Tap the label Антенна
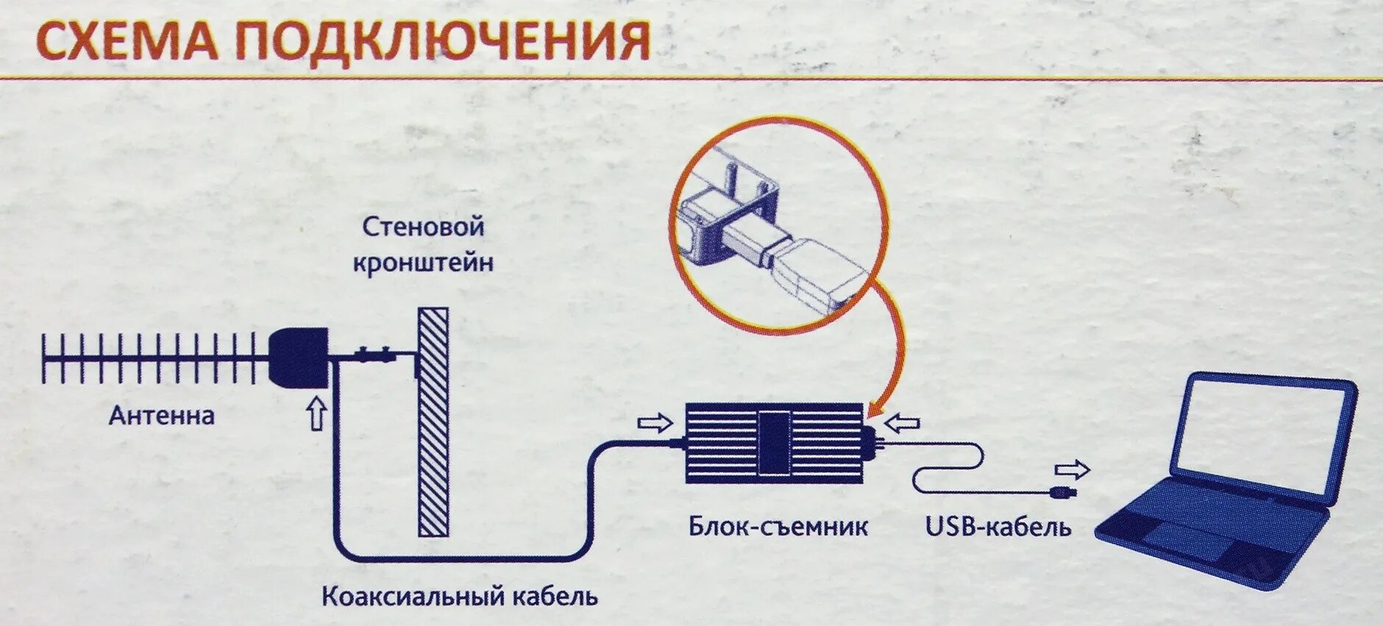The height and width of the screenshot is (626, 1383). pyautogui.click(x=162, y=416)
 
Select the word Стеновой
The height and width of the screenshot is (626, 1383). pyautogui.click(x=423, y=227)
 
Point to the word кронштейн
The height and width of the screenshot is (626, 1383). pyautogui.click(x=423, y=263)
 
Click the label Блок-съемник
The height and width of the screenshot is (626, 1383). pyautogui.click(x=778, y=527)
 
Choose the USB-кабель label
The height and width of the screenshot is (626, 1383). pyautogui.click(x=998, y=527)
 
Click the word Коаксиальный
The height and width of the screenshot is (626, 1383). pyautogui.click(x=416, y=596)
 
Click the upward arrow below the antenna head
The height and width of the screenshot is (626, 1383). pyautogui.click(x=316, y=414)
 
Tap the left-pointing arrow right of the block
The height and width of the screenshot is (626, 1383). pyautogui.click(x=902, y=423)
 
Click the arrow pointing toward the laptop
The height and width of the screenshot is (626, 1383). pyautogui.click(x=1072, y=469)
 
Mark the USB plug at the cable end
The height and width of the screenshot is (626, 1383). pyautogui.click(x=1064, y=491)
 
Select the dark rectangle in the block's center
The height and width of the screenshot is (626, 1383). pyautogui.click(x=775, y=443)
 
